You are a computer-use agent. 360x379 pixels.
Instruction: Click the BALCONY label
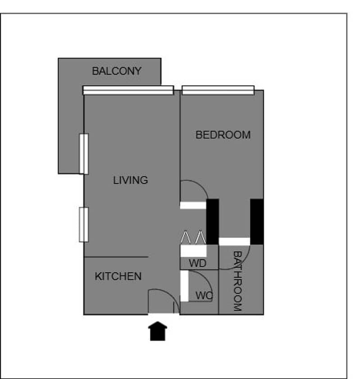coord(117,71)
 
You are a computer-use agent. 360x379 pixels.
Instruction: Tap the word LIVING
coord(130,180)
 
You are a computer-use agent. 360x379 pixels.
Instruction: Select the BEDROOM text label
coord(223,135)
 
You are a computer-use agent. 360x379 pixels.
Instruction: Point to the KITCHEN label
coord(118,276)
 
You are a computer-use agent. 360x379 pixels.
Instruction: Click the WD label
coord(198,263)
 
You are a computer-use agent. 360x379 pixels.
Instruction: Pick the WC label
coord(204,296)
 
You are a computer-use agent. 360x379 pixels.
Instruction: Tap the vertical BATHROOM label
coord(237,281)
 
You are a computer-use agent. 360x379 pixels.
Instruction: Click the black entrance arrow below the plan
coord(158,331)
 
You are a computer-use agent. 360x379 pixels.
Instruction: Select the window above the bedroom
coord(218,90)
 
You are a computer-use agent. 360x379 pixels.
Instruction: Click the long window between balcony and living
coord(128,90)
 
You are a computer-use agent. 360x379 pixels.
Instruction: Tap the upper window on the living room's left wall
coord(84,154)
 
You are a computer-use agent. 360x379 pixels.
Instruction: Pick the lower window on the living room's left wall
coord(84,225)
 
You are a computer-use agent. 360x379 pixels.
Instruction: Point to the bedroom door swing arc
coord(201,185)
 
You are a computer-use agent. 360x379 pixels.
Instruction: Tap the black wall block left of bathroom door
coord(213,221)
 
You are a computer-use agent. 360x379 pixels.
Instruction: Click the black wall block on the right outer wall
coord(257,221)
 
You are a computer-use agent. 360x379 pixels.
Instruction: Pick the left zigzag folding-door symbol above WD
coord(186,237)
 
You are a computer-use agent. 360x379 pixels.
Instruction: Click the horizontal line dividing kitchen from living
coord(116,257)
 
